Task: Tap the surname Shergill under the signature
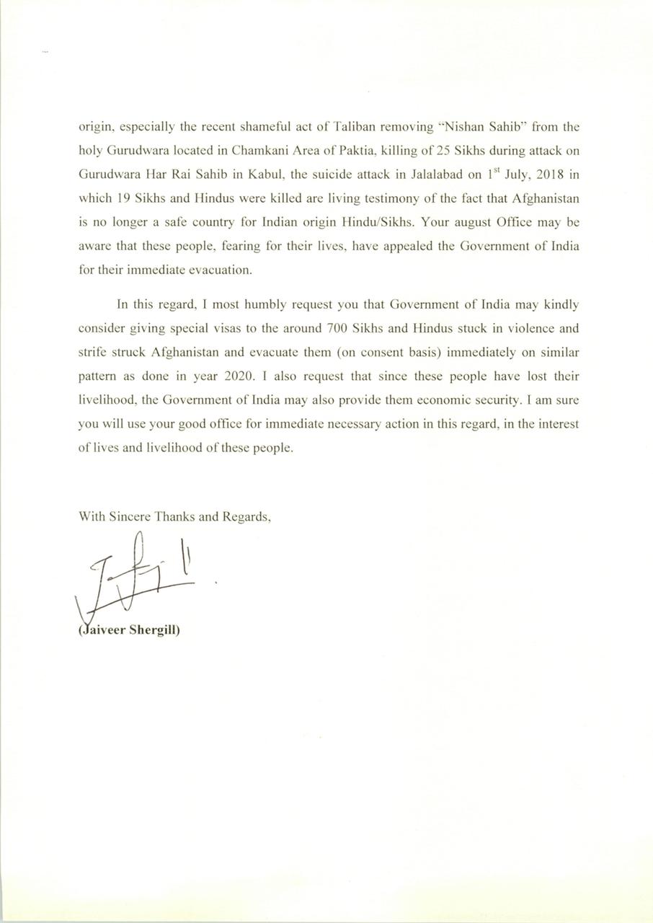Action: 154,628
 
